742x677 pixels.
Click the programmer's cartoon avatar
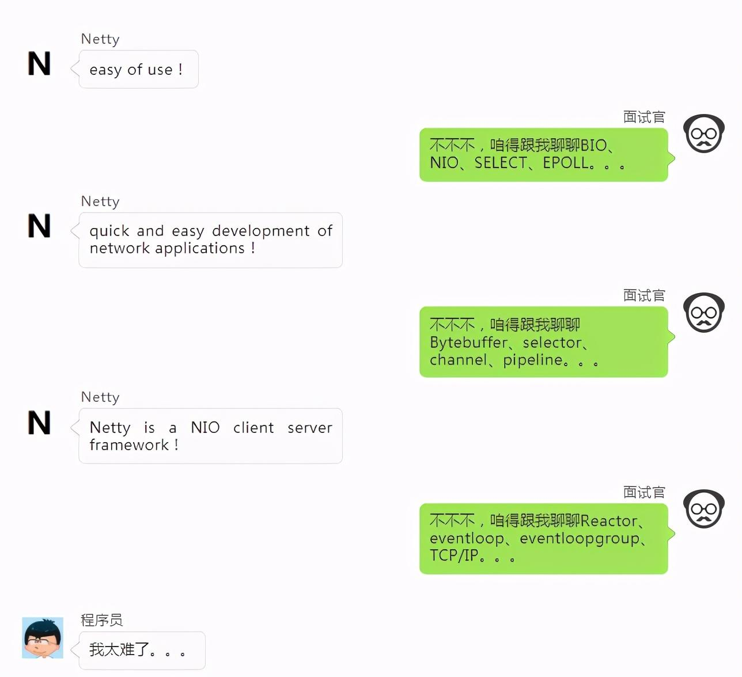[x=43, y=638]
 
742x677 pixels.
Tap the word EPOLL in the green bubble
[x=566, y=163]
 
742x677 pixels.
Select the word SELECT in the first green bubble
[x=500, y=163]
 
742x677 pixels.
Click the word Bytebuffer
[x=468, y=343]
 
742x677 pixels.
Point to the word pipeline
[x=532, y=360]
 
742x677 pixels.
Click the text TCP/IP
[x=454, y=556]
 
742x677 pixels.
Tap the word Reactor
[x=609, y=521]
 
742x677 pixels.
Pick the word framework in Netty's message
[x=129, y=445]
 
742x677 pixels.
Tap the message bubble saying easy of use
[x=138, y=70]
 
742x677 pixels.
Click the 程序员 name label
[x=102, y=620]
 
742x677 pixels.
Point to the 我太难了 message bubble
[x=142, y=651]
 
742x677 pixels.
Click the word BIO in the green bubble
[x=593, y=145]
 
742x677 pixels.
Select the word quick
[x=109, y=231]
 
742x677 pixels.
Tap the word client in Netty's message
[x=253, y=428]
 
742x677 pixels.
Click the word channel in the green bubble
[x=458, y=360]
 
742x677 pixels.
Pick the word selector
[x=552, y=343]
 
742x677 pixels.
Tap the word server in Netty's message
[x=310, y=428]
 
